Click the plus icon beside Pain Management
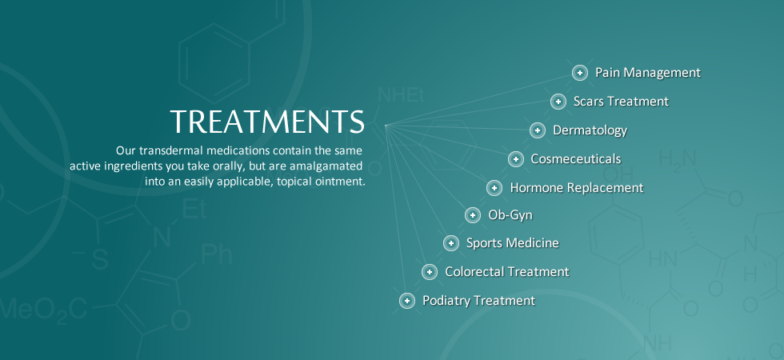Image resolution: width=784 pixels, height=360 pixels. (x=579, y=73)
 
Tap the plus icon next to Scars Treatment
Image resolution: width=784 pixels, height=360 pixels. (x=558, y=102)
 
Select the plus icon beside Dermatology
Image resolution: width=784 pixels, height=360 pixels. (x=537, y=130)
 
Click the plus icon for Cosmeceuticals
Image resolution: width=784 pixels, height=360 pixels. (x=515, y=159)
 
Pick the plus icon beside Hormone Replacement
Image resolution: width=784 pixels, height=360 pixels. (x=494, y=187)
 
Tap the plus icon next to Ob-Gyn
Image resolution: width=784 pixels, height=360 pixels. (x=473, y=215)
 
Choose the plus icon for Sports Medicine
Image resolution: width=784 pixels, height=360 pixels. (x=450, y=243)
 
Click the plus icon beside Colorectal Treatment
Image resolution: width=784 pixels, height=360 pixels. (x=429, y=272)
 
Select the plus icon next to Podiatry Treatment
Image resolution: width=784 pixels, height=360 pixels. (x=407, y=301)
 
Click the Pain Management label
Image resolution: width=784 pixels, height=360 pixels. (x=648, y=73)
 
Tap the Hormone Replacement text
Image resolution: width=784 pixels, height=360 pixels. (x=577, y=188)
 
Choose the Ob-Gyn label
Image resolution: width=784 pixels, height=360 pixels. (x=510, y=215)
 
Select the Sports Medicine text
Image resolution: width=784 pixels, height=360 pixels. (x=513, y=243)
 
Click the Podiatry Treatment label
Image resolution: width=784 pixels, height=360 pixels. (x=479, y=301)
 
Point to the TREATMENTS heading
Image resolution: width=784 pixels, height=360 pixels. (x=267, y=122)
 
